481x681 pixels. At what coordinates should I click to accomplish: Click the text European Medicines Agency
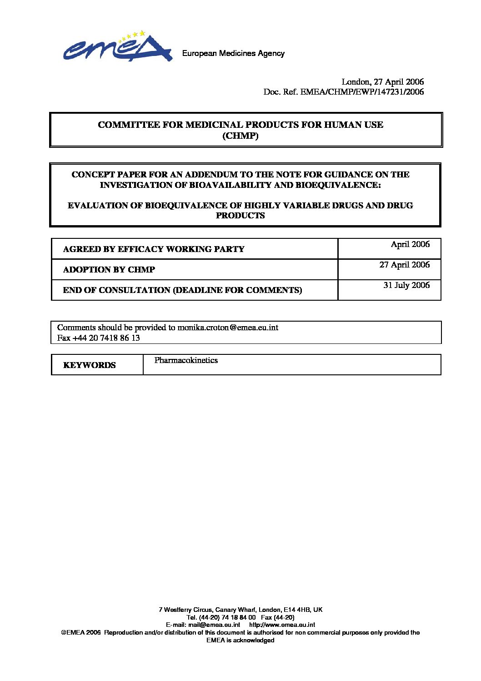233,54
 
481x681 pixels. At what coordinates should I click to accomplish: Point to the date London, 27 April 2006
382,82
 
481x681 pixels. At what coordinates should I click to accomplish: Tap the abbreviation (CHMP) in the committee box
240,136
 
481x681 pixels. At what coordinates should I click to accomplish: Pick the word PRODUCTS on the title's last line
240,216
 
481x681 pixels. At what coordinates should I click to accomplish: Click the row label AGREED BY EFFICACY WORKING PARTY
154,249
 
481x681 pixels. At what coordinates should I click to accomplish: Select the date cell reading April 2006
410,244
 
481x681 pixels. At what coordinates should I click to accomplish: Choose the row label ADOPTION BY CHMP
109,270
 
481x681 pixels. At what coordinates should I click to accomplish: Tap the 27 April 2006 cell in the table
404,265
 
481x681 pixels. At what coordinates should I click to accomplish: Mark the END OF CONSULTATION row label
182,290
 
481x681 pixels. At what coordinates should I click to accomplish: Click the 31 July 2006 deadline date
406,285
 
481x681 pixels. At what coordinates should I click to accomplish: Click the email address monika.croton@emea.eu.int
228,328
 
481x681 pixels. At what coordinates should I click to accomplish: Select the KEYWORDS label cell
90,365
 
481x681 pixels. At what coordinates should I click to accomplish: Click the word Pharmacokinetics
186,360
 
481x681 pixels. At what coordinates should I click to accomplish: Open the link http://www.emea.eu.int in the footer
282,625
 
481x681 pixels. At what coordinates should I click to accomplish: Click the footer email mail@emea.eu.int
214,625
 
